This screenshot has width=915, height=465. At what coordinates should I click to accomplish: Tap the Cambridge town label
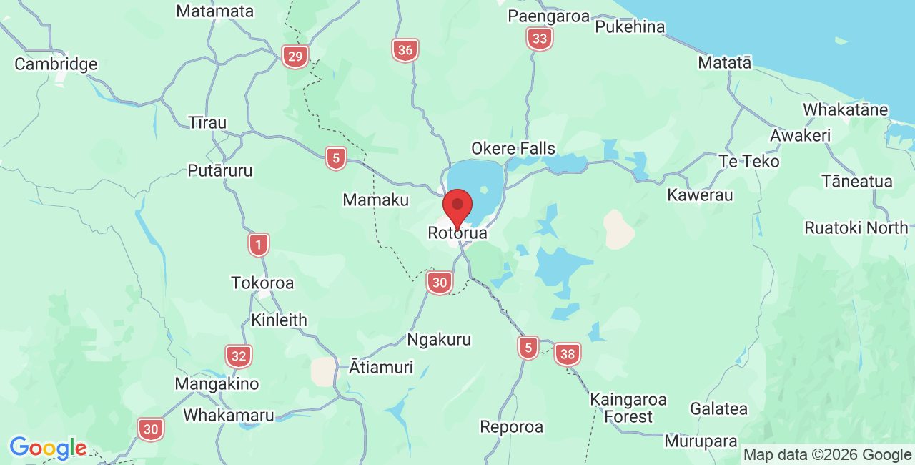56,64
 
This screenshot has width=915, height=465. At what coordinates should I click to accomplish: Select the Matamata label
214,11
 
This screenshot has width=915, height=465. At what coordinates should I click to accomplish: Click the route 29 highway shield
295,57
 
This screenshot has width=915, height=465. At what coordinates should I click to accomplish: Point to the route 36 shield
405,50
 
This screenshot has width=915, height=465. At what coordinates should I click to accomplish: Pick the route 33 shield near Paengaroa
540,39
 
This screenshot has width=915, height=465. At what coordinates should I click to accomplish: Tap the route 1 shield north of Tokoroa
259,245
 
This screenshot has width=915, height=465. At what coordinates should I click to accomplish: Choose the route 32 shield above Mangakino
239,356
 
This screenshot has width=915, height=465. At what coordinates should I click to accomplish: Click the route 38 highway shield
568,353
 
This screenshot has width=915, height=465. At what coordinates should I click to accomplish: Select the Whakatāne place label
845,110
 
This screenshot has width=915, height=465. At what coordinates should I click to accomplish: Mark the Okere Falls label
513,149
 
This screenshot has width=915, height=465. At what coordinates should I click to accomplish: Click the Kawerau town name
700,195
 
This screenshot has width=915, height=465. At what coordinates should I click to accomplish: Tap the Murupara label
701,441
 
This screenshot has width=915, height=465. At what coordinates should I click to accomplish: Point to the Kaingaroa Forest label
628,408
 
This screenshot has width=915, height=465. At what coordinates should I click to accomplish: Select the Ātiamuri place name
381,368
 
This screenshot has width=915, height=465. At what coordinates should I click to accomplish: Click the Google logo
48,448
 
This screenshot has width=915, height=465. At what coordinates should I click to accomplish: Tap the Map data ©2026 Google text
827,454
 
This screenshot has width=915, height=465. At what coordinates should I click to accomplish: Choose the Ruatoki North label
856,228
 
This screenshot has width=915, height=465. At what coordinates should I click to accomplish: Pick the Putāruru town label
219,171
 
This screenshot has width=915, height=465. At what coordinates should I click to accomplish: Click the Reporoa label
511,427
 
